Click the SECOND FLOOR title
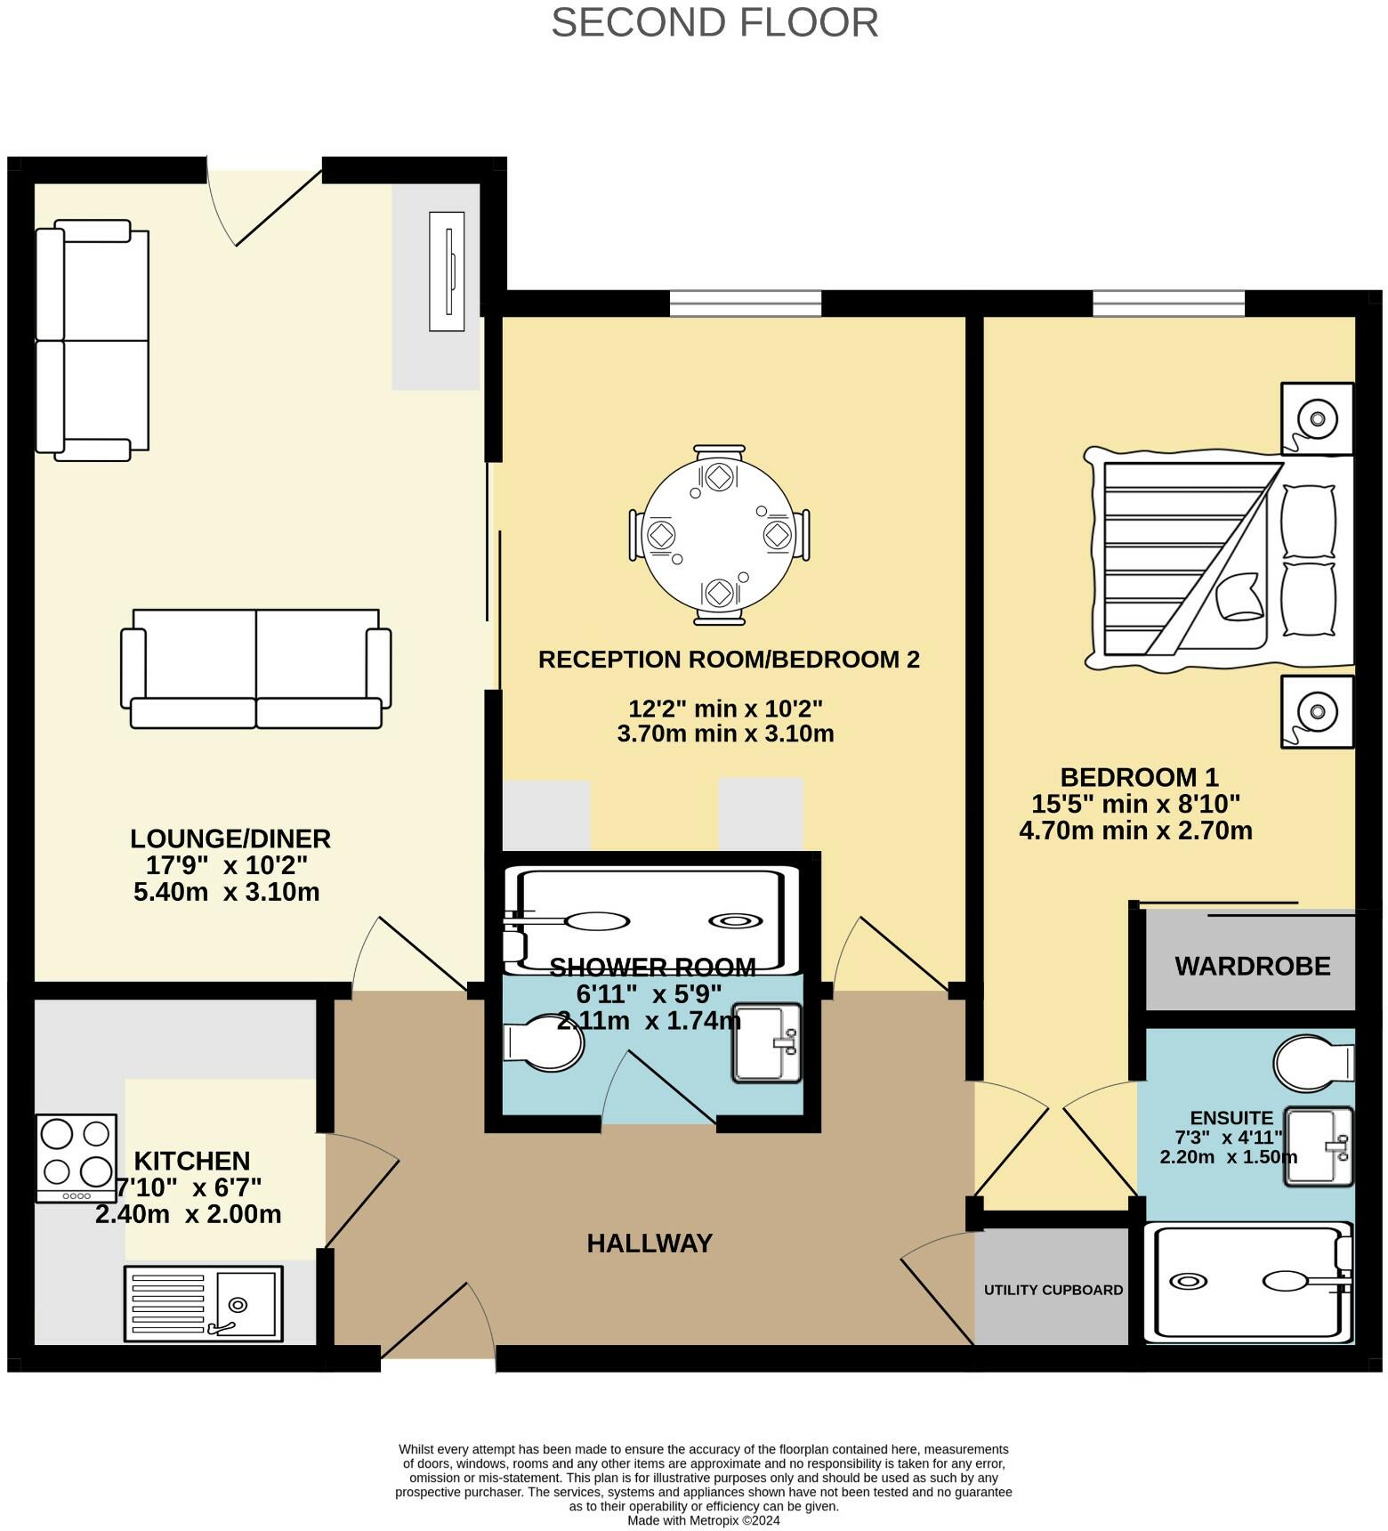pos(714,22)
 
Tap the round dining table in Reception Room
pos(717,534)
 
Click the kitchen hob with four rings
pos(77,1157)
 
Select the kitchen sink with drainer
pos(203,1303)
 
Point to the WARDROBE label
pos(1252,966)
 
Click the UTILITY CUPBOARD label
pos(1053,1290)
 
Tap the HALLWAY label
pos(650,1243)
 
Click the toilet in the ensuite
pos(1312,1063)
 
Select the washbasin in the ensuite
pos(1318,1146)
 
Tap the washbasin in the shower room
pos(766,1043)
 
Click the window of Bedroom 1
pos(1168,304)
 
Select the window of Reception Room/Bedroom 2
pos(745,304)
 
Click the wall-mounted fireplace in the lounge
pos(447,271)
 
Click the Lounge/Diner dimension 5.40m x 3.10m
pos(226,892)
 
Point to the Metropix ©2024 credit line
pos(703,1520)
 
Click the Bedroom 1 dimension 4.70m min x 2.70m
pos(1135,830)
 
